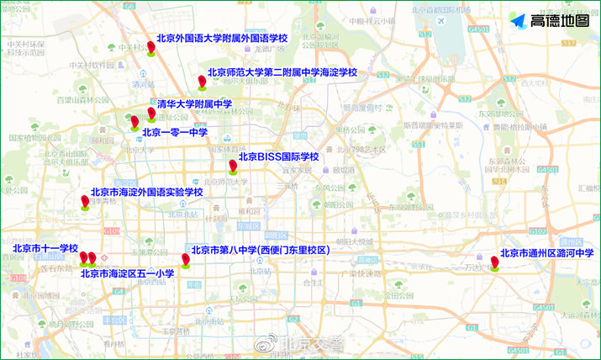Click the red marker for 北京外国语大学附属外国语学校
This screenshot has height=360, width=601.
(151, 47)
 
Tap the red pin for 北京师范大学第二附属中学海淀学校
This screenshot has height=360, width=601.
(202, 81)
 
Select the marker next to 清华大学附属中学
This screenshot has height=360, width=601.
(151, 113)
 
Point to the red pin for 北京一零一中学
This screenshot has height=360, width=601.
(134, 122)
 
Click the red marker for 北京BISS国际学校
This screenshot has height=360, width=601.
(233, 166)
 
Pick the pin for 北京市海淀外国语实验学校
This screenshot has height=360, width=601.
(85, 201)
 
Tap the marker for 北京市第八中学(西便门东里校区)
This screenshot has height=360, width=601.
(186, 259)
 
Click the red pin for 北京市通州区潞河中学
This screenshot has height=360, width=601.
(495, 262)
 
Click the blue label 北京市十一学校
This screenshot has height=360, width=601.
(45, 249)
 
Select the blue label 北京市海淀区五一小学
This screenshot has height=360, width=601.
(127, 273)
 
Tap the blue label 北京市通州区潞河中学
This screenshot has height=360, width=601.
(546, 252)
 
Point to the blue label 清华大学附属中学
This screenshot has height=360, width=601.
(194, 104)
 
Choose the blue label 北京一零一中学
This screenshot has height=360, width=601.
(175, 132)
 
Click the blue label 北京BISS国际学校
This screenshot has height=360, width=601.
(278, 156)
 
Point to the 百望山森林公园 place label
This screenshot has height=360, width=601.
(81, 99)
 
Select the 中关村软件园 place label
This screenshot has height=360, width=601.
(91, 65)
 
